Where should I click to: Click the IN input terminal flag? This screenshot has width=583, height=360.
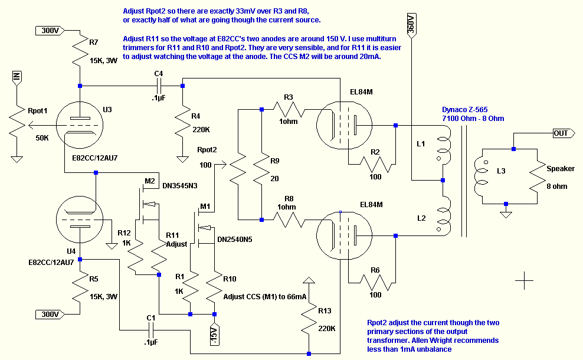click(x=17, y=77)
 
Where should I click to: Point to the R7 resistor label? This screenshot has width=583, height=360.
click(x=93, y=42)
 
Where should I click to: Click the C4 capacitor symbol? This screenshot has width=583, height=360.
click(x=158, y=86)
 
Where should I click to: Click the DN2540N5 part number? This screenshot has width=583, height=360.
click(x=235, y=240)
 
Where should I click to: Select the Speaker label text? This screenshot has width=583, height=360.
click(x=561, y=169)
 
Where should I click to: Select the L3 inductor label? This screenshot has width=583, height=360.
click(x=501, y=171)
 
